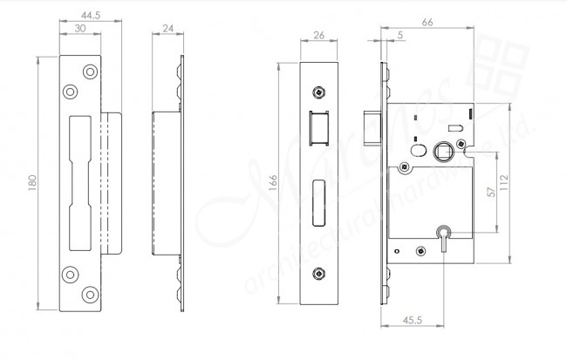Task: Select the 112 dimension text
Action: point(517,183)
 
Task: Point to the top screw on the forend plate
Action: point(319,92)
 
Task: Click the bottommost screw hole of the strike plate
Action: point(88,297)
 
